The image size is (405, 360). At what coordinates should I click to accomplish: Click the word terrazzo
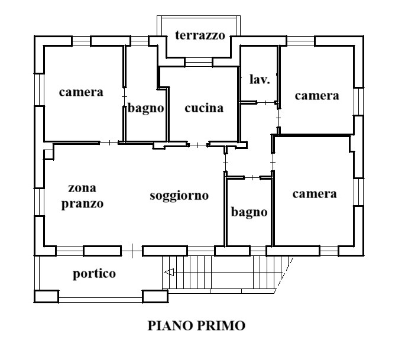click(x=200, y=35)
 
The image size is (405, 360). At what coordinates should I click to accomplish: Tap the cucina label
click(x=204, y=108)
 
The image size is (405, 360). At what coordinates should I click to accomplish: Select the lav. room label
click(x=260, y=79)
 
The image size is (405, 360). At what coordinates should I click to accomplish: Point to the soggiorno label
click(x=179, y=196)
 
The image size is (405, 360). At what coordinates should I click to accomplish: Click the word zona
click(x=82, y=188)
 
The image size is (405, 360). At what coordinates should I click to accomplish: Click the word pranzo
click(x=82, y=204)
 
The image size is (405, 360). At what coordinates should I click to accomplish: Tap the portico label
click(x=94, y=274)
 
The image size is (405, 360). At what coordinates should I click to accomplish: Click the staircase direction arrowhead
click(x=169, y=272)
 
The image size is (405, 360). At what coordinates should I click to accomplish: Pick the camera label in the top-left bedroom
click(x=81, y=92)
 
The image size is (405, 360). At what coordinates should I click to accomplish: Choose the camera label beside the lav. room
click(x=317, y=96)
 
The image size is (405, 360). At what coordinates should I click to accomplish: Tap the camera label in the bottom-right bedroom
click(x=315, y=194)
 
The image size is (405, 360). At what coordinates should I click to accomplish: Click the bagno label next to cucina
click(x=145, y=108)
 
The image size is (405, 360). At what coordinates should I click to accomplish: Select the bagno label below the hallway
click(x=249, y=213)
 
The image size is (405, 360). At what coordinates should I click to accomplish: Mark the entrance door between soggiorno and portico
click(x=132, y=251)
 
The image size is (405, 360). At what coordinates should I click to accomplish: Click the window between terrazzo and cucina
click(x=199, y=62)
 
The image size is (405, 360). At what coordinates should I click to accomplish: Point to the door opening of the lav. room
click(x=266, y=103)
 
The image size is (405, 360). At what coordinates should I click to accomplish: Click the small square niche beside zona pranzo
click(x=49, y=154)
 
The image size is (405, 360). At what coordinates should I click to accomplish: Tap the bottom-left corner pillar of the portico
click(x=47, y=296)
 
